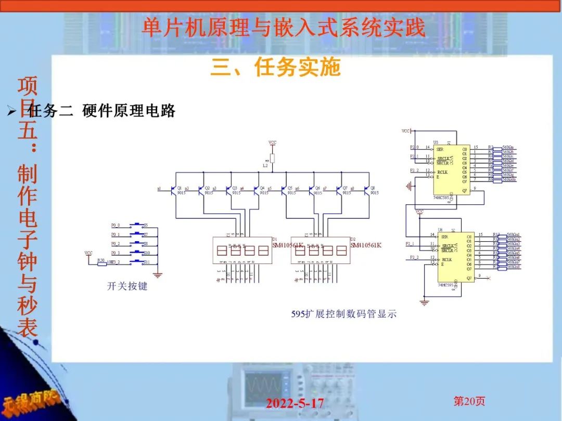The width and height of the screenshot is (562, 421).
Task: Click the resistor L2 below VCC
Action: [x=272, y=159]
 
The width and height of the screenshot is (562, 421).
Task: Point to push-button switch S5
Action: [x=138, y=226]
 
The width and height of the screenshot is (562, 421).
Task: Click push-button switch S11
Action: [x=138, y=262]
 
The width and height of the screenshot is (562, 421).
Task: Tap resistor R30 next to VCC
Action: [x=102, y=263]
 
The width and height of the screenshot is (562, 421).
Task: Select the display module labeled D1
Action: [x=242, y=250]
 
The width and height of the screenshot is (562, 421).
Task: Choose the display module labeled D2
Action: [x=321, y=250]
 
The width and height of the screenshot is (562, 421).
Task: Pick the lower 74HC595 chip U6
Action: [x=456, y=257]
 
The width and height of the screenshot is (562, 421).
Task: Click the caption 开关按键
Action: [x=127, y=286]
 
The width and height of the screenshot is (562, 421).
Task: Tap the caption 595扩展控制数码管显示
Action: [x=343, y=314]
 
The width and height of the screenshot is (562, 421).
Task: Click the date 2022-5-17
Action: [x=295, y=403]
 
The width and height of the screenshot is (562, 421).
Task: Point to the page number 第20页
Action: [x=469, y=401]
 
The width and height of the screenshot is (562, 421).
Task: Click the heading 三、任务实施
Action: [x=276, y=68]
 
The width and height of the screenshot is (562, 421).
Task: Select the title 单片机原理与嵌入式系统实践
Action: [x=284, y=27]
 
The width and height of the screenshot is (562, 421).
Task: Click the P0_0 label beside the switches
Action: [x=116, y=226]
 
